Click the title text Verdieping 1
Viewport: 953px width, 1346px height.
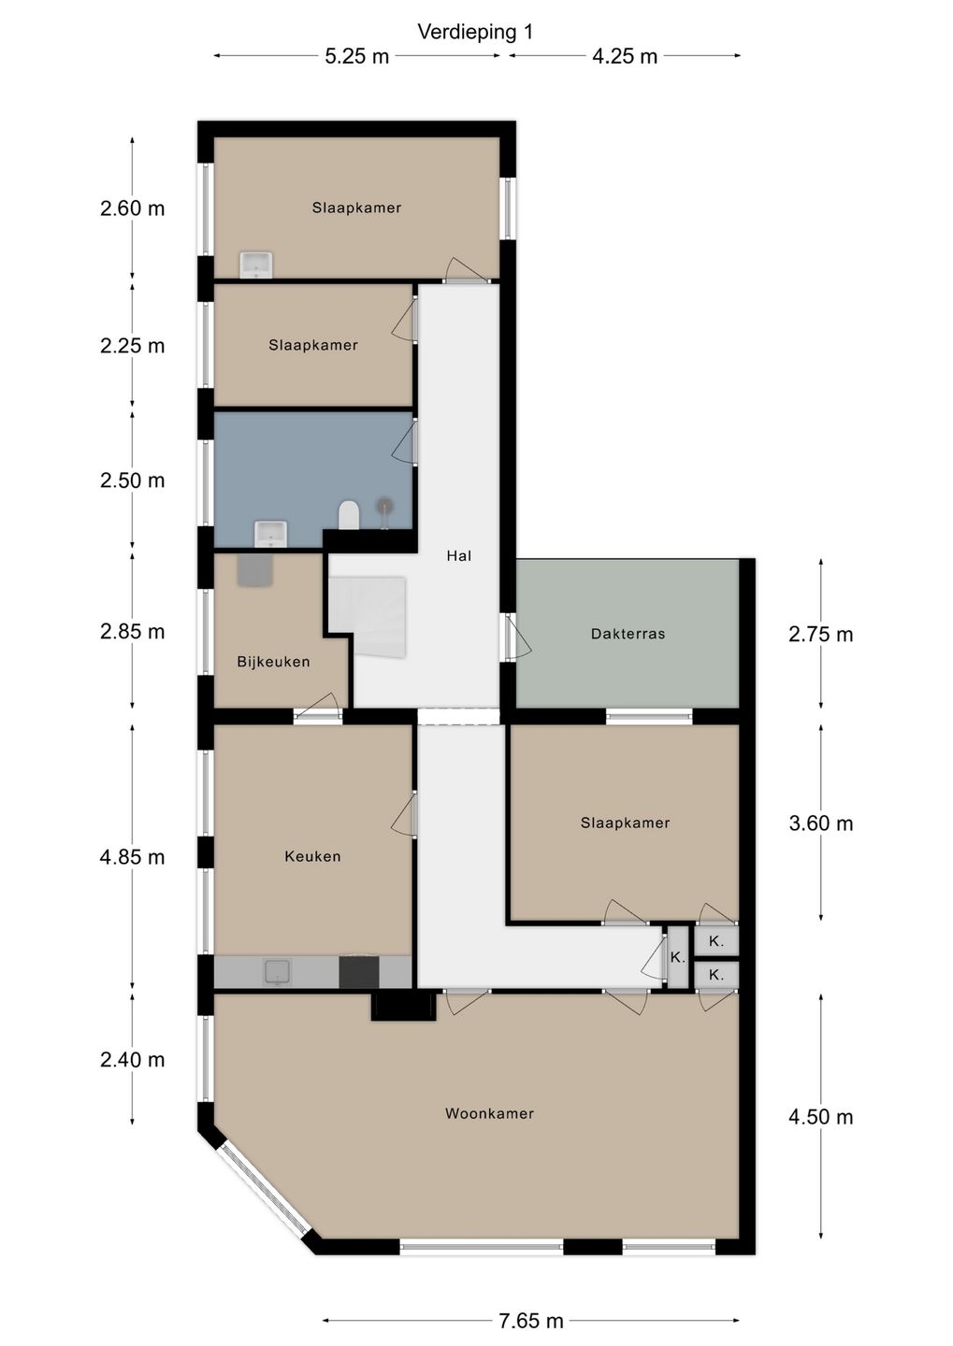point(475,32)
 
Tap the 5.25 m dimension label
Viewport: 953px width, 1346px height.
point(357,56)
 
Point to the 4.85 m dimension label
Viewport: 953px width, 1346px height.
point(132,857)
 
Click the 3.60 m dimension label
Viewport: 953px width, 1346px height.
point(821,823)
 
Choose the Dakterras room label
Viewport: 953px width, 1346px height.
point(628,634)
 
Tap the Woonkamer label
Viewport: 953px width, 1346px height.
point(489,1113)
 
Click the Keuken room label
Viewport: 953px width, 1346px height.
point(312,856)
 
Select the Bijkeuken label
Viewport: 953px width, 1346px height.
point(274,662)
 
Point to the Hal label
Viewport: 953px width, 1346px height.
point(459,556)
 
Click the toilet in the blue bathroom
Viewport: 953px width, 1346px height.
point(349,516)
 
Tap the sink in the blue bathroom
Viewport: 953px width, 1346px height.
point(270,535)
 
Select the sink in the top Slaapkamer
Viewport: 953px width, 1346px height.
point(256,265)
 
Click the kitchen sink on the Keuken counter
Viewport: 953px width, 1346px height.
point(278,973)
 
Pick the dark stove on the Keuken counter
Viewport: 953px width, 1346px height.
point(359,972)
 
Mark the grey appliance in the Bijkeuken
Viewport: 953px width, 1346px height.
point(255,569)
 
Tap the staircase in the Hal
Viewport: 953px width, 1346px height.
point(367,616)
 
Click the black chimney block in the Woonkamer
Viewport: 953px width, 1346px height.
point(403,1006)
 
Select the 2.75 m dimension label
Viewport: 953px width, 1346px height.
point(821,635)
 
